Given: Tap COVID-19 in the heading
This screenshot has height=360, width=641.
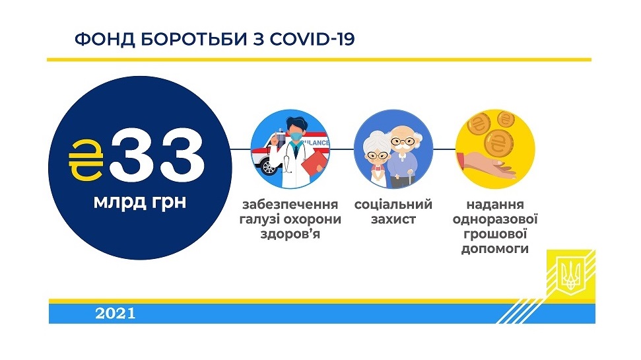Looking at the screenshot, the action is point(312,39).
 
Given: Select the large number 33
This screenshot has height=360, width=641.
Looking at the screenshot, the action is point(157,156).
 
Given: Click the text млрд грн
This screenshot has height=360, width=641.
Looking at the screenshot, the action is point(140,202).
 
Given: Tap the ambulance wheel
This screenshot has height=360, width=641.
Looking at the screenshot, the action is point(268,167).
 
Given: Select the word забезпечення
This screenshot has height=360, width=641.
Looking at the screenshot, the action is point(290,204).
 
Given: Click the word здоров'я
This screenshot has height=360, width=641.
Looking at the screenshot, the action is point(290,234).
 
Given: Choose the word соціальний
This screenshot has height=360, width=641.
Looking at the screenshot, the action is point(393,204).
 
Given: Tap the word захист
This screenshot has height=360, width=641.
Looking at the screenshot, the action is point(393,219).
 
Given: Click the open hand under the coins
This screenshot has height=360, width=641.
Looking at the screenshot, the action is point(488,166).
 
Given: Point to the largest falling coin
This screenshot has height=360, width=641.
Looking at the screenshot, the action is point(498,143).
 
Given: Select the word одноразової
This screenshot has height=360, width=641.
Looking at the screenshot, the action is point(495,219).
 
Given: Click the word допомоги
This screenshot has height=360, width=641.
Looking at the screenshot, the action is point(495,249).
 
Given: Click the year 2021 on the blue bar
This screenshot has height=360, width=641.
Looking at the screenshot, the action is point(116,314).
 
